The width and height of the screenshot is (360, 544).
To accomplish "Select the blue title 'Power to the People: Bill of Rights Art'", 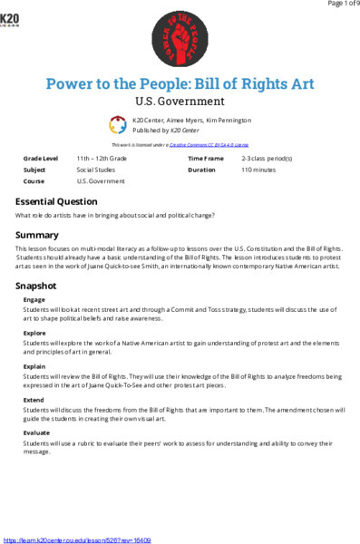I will click(x=180, y=83).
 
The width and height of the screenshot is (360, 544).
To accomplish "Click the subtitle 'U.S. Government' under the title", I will click(x=180, y=102).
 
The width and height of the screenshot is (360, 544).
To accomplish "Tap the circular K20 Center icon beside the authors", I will click(x=118, y=124).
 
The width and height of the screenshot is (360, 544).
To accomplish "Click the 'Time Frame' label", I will click(x=205, y=158).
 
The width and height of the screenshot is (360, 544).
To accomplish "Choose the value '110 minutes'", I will click(x=259, y=169).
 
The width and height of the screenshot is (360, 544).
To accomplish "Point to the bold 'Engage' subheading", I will click(x=34, y=298).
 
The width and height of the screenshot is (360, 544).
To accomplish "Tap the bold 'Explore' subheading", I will click(x=34, y=333).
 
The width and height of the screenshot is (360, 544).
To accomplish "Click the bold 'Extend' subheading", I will click(x=34, y=400).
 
